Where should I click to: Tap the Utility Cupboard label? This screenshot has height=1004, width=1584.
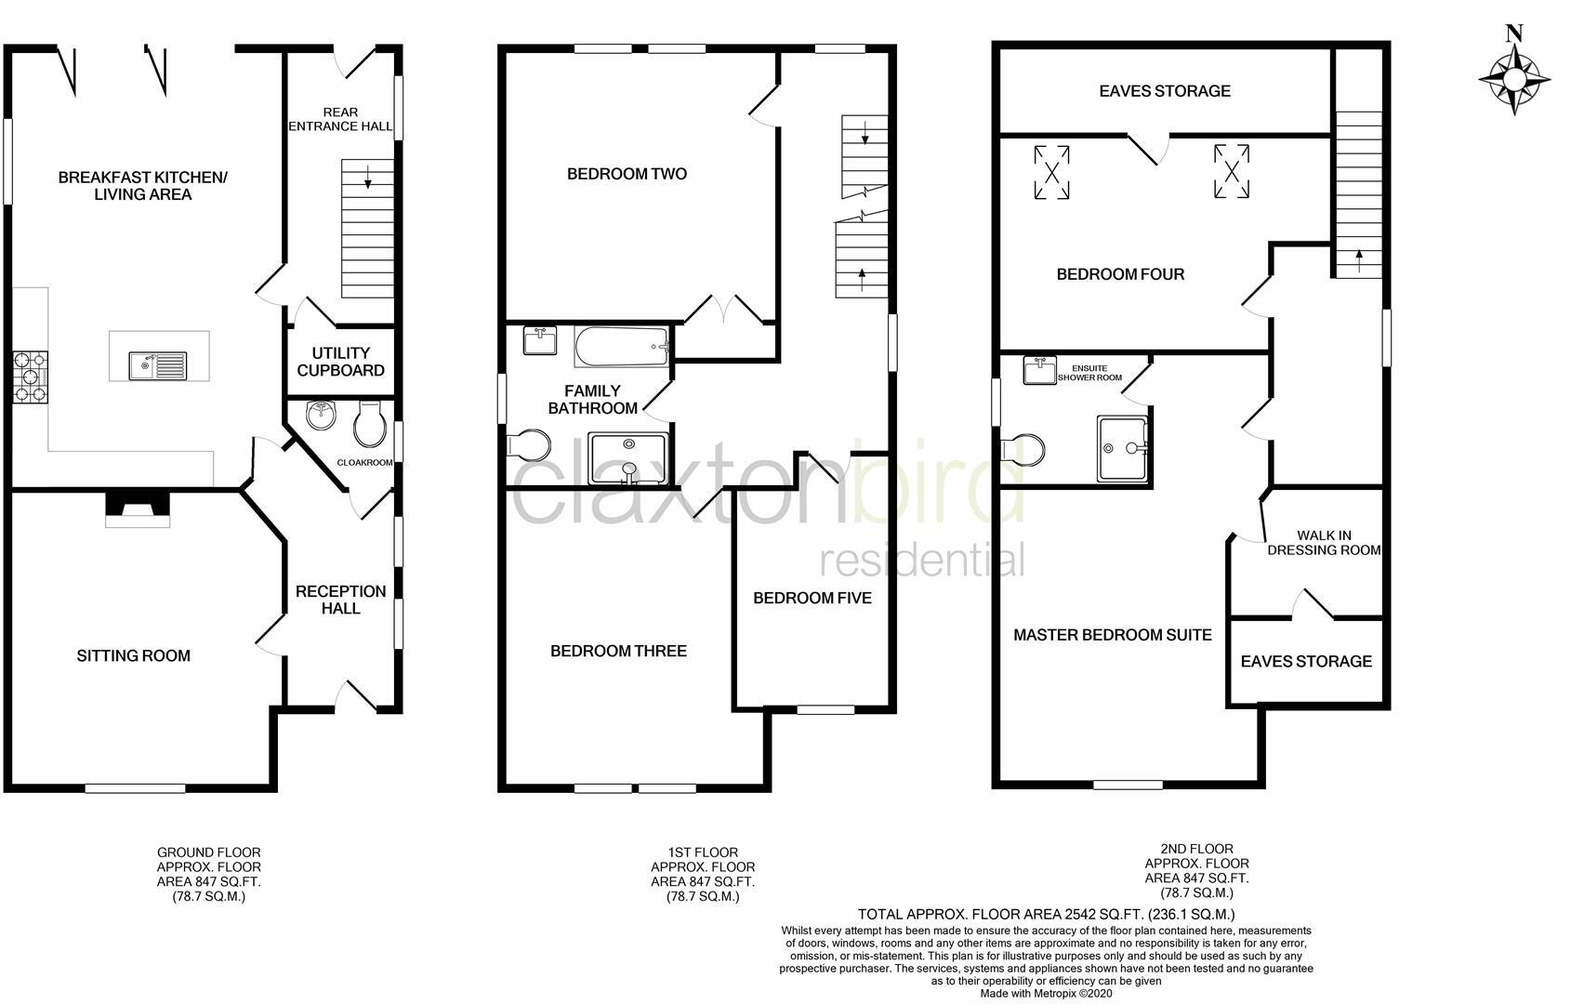coord(341,362)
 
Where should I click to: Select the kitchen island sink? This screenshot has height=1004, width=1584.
coord(158,363)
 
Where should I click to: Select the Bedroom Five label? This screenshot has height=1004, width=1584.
coord(812,598)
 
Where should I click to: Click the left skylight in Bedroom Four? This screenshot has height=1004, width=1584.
coord(1052,172)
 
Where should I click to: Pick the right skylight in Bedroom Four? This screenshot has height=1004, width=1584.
coord(1231,171)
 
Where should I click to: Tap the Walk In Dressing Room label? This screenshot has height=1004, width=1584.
coord(1324,542)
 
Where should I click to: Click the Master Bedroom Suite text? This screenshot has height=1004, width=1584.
coord(1112,635)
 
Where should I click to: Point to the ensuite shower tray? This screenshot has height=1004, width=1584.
coord(1123,449)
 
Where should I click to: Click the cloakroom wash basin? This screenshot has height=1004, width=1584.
coord(321,416)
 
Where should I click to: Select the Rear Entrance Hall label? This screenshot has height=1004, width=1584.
coord(340,119)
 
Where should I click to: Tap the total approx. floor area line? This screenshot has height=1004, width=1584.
coord(1046,914)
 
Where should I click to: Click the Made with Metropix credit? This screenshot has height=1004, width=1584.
coord(1046,993)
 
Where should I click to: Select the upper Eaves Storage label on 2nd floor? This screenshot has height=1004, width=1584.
coord(1164,91)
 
